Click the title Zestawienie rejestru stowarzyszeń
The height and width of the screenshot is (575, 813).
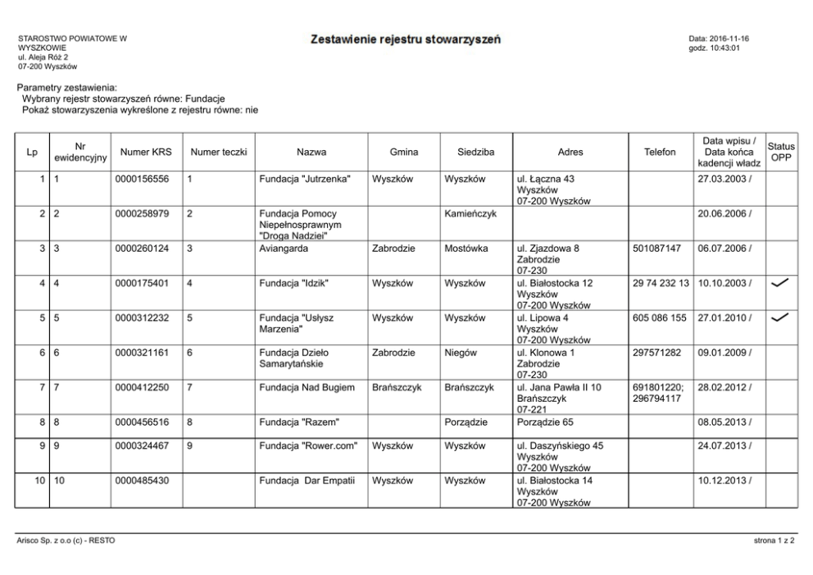(x=406, y=39)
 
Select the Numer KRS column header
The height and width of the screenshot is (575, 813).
(x=144, y=152)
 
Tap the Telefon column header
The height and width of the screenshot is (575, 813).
(x=660, y=152)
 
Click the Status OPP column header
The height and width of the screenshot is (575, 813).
(x=781, y=152)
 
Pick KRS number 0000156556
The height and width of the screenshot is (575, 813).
(x=143, y=178)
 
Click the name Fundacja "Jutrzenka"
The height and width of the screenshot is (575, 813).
(x=304, y=178)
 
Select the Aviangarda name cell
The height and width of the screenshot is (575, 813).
(x=283, y=248)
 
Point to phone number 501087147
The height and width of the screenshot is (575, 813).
(x=657, y=248)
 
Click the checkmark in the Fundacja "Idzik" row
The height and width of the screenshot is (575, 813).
(x=781, y=283)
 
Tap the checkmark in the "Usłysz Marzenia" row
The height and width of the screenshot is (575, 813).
(x=781, y=317)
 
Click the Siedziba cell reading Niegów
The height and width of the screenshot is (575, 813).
(x=461, y=353)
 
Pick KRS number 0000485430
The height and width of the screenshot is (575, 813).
(x=143, y=481)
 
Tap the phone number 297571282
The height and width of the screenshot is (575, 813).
(x=657, y=353)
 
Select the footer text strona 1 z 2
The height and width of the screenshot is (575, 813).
(x=774, y=541)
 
